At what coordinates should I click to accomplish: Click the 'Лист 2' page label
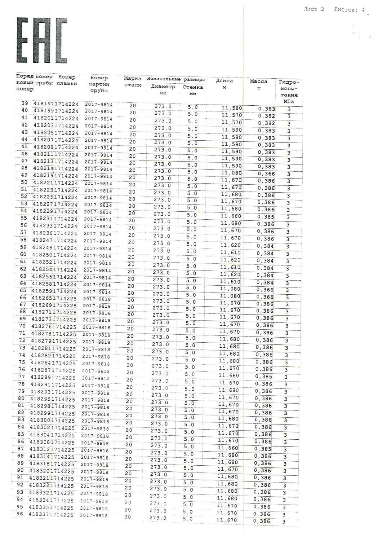[314, 9]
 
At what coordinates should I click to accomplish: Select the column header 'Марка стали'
[133, 82]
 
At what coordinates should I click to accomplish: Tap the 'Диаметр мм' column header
[163, 89]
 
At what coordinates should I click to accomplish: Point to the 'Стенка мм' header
[193, 90]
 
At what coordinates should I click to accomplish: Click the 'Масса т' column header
[258, 85]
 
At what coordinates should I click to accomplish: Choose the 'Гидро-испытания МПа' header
[289, 92]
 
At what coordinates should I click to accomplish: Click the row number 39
[25, 103]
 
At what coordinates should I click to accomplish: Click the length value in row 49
[231, 173]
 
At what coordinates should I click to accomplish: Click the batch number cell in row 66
[97, 299]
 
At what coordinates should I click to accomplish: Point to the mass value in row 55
[266, 217]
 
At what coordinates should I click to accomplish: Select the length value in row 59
[231, 245]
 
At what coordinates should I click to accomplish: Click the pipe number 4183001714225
[53, 421]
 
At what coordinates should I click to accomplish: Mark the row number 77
[22, 377]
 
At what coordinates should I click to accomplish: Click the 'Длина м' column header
[225, 84]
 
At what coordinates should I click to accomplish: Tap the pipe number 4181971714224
[56, 104]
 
